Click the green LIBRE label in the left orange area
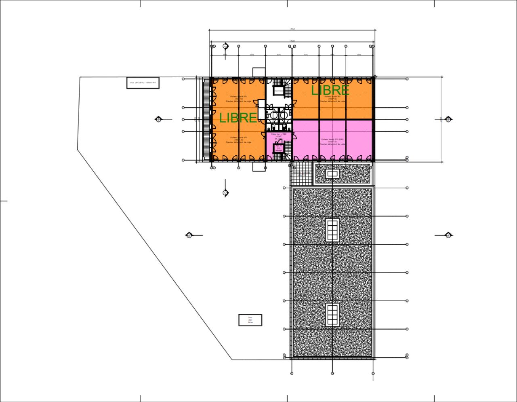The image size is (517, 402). click(238, 118)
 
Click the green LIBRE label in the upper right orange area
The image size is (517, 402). click(330, 90)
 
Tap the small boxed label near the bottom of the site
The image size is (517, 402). click(250, 320)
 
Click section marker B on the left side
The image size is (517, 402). click(158, 119)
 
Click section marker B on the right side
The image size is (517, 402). click(448, 119)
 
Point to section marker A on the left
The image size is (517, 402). click(189, 235)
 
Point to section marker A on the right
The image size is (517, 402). click(448, 235)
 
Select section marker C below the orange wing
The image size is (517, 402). click(225, 193)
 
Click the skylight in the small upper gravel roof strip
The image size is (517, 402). click(332, 174)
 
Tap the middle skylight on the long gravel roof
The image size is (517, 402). click(332, 230)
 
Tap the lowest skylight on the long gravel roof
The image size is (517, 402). click(332, 315)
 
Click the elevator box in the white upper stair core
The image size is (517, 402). click(279, 91)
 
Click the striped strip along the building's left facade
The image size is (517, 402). click(206, 119)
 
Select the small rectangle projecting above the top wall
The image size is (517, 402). click(258, 72)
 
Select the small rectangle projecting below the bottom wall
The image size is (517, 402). click(258, 166)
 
